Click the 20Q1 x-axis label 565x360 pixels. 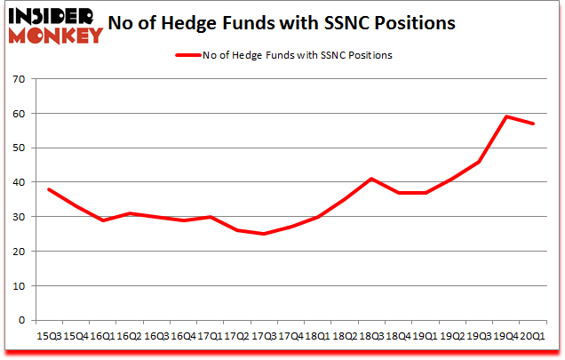tap(533, 336)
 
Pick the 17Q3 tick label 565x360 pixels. tap(263, 336)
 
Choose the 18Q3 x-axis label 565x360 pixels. tap(371, 336)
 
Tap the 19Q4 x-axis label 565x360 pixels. tap(506, 336)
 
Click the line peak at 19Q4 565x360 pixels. tap(506, 116)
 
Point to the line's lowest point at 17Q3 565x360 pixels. tap(263, 234)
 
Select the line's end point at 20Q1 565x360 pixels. tap(533, 124)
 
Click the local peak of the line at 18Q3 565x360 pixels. tap(371, 179)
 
